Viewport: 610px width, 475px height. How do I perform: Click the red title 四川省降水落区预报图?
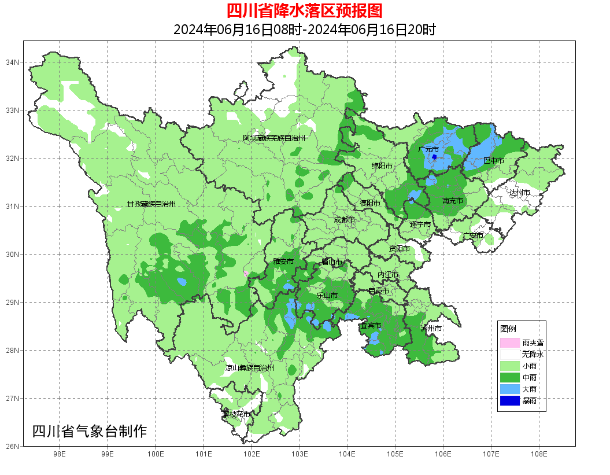pos(304,11)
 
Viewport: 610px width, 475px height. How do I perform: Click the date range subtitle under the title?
pos(304,30)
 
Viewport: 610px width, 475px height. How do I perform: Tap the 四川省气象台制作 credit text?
pos(90,431)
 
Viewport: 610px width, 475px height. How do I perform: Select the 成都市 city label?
pos(345,220)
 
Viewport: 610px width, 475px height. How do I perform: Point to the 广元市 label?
pos(428,149)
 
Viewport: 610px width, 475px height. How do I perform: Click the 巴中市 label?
pos(493,160)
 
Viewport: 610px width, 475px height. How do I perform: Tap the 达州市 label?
pos(519,192)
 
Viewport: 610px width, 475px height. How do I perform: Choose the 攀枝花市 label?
pos(237,414)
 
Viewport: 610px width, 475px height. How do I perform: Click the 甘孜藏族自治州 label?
pos(151,204)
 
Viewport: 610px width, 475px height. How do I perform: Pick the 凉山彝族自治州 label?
pos(250,367)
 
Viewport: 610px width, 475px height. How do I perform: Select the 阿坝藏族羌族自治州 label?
pos(273,138)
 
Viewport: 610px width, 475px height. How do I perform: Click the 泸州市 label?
pos(431,328)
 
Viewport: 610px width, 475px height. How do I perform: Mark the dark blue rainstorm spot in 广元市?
pos(434,157)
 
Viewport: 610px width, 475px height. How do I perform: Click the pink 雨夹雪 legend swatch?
pos(509,343)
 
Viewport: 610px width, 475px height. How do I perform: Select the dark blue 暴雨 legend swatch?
pos(509,400)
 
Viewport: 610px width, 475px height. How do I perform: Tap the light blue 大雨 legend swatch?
pos(509,389)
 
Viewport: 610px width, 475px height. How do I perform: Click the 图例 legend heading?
pos(508,329)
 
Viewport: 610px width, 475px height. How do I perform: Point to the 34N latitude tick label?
pos(13,62)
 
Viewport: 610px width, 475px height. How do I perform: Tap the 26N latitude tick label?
pos(13,446)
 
